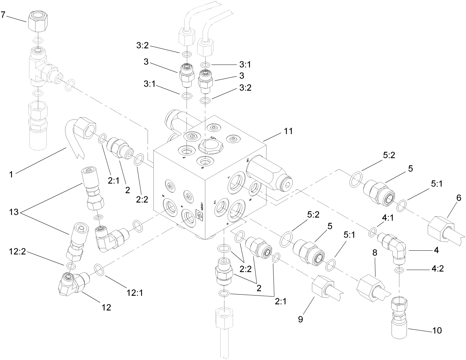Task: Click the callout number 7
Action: (3, 15)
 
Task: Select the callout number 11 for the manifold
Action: (288, 131)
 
